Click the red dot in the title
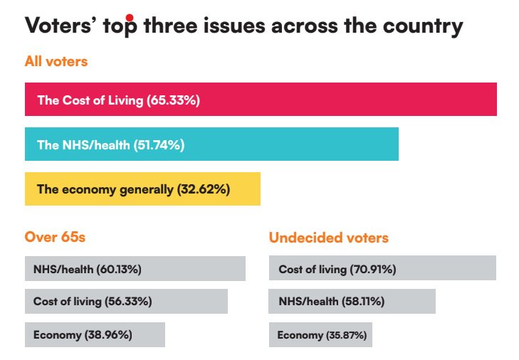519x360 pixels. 129,17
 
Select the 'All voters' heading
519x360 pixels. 56,61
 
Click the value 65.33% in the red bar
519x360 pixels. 173,100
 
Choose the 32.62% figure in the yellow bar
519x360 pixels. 203,190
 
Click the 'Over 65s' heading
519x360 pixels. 55,237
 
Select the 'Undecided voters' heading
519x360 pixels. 329,238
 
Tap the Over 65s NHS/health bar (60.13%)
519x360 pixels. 135,269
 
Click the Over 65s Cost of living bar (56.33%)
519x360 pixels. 126,302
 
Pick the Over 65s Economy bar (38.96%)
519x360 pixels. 95,334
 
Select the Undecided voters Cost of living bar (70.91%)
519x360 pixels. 382,269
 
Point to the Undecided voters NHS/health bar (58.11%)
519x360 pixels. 352,302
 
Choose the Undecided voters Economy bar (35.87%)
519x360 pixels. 320,334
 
